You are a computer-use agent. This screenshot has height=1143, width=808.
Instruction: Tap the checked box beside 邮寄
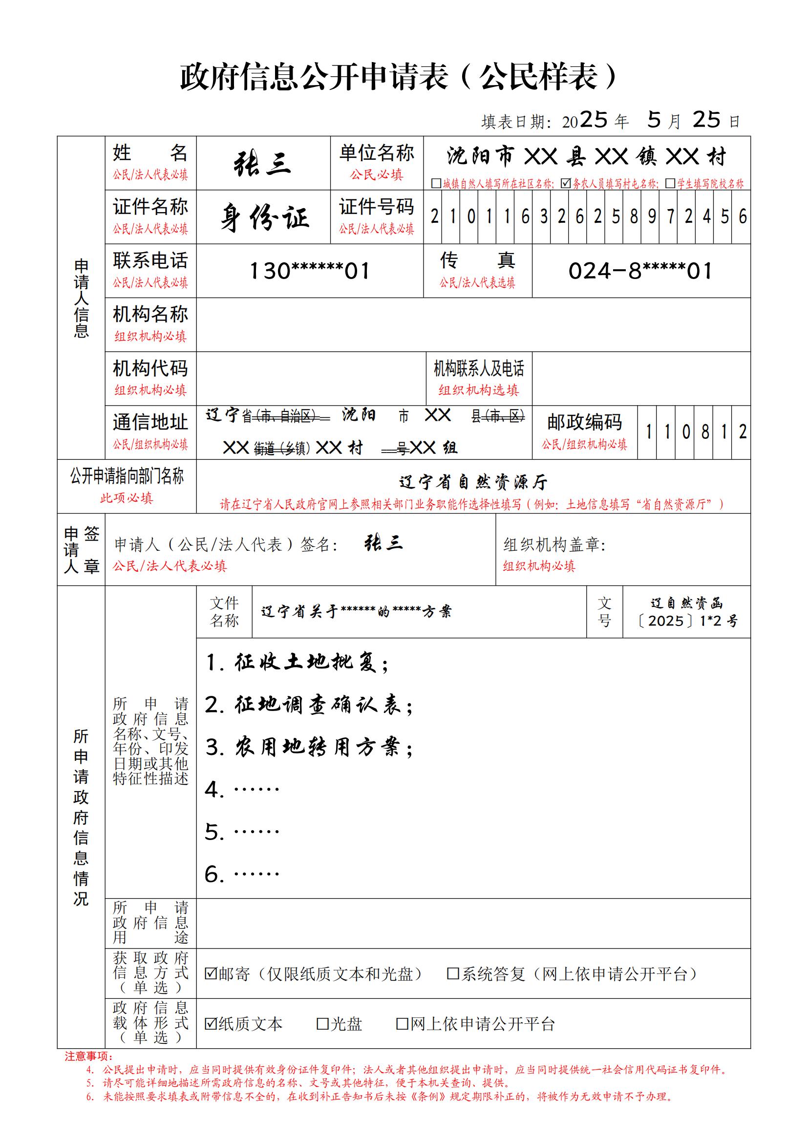pos(211,973)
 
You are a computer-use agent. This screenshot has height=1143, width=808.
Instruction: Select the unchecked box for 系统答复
pos(453,973)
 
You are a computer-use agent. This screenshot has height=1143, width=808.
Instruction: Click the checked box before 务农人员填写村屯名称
pos(566,184)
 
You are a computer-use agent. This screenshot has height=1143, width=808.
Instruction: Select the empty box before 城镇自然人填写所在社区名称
pos(436,184)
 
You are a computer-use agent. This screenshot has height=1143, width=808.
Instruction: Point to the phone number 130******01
pos(309,271)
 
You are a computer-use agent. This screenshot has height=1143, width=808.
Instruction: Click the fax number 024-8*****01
pos(640,271)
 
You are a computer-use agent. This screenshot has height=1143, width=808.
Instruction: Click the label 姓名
pos(150,153)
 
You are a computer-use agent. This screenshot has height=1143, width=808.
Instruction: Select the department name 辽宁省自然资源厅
pos(473,482)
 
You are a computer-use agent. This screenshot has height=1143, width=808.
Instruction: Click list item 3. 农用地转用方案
pos(309,747)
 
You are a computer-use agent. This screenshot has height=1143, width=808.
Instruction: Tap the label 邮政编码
pos(585,422)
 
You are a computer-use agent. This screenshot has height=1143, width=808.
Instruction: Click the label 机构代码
pos(150,368)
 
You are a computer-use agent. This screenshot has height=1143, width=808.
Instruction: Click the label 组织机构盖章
pos(554,544)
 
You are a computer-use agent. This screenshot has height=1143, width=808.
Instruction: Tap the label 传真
pos(477,260)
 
